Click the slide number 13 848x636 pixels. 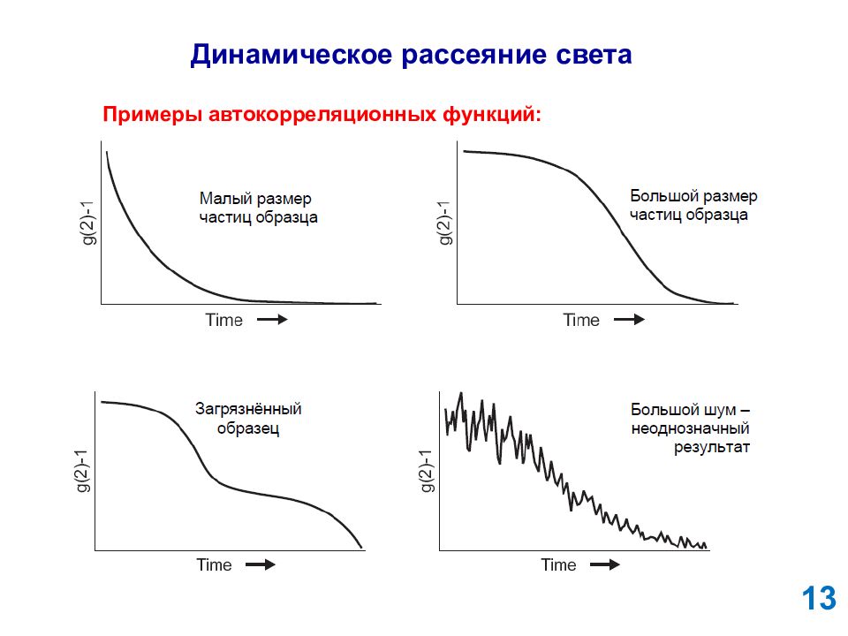[x=819, y=599]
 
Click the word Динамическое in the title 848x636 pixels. [x=291, y=55]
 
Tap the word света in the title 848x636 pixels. [x=594, y=55]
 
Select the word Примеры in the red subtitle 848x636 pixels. [x=153, y=115]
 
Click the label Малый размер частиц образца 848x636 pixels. [x=258, y=208]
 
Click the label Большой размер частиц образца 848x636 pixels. [x=693, y=206]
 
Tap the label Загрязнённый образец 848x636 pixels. [x=248, y=419]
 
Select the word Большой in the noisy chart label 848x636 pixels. [x=658, y=409]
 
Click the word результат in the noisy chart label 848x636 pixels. [x=712, y=448]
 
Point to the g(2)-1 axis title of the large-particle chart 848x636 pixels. [x=444, y=223]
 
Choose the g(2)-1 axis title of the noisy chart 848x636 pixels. [x=428, y=471]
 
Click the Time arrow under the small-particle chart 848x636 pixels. [x=272, y=320]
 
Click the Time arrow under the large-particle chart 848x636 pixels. [x=630, y=320]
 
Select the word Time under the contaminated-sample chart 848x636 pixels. [x=214, y=565]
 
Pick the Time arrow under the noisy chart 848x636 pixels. [x=604, y=565]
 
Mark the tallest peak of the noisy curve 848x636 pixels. [x=461, y=394]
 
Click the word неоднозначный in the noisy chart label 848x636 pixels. [x=690, y=429]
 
